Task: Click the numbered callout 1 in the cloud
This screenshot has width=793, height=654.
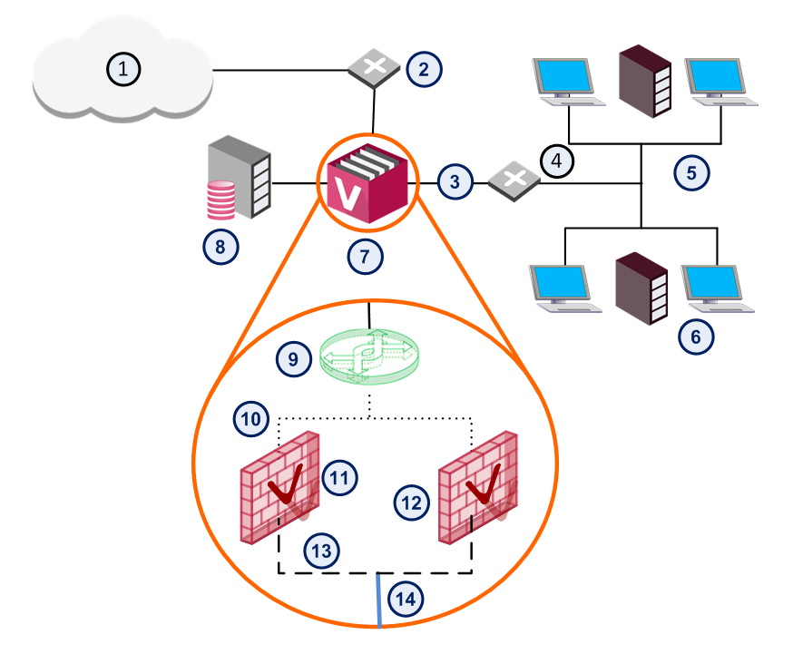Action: pyautogui.click(x=124, y=67)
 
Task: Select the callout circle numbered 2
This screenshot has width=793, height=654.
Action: pyautogui.click(x=424, y=68)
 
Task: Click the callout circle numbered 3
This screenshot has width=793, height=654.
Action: pyautogui.click(x=455, y=181)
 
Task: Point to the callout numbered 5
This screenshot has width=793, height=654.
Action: pyautogui.click(x=691, y=172)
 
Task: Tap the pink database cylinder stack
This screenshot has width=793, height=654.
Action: pyautogui.click(x=221, y=200)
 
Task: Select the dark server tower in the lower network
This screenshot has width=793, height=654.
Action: pyautogui.click(x=641, y=289)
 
